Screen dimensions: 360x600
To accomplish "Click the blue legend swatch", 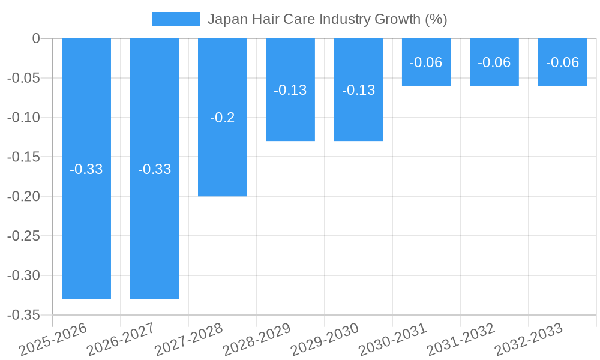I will pos(176,19).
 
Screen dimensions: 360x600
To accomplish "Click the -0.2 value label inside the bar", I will pos(223,118).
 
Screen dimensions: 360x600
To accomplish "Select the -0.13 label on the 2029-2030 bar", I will pos(358,90).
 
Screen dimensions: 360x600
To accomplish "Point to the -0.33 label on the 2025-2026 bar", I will pos(86,169).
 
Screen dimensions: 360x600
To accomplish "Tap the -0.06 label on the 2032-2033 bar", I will pos(562,62).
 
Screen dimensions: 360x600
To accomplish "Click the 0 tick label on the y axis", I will pos(35,38).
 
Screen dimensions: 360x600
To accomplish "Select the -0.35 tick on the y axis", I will pos(23,315).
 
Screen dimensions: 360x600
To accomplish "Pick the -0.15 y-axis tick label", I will pos(23,157).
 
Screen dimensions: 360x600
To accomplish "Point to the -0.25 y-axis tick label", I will pos(23,236).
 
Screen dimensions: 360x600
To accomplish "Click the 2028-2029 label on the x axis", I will pos(257,339).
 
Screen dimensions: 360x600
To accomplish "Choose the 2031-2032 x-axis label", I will pos(461,339).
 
